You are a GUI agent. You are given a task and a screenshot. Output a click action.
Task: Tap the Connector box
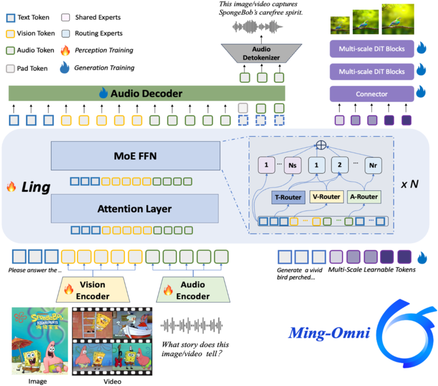tap(371, 94)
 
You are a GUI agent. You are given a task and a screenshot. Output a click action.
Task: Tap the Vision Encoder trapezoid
tap(95, 289)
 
